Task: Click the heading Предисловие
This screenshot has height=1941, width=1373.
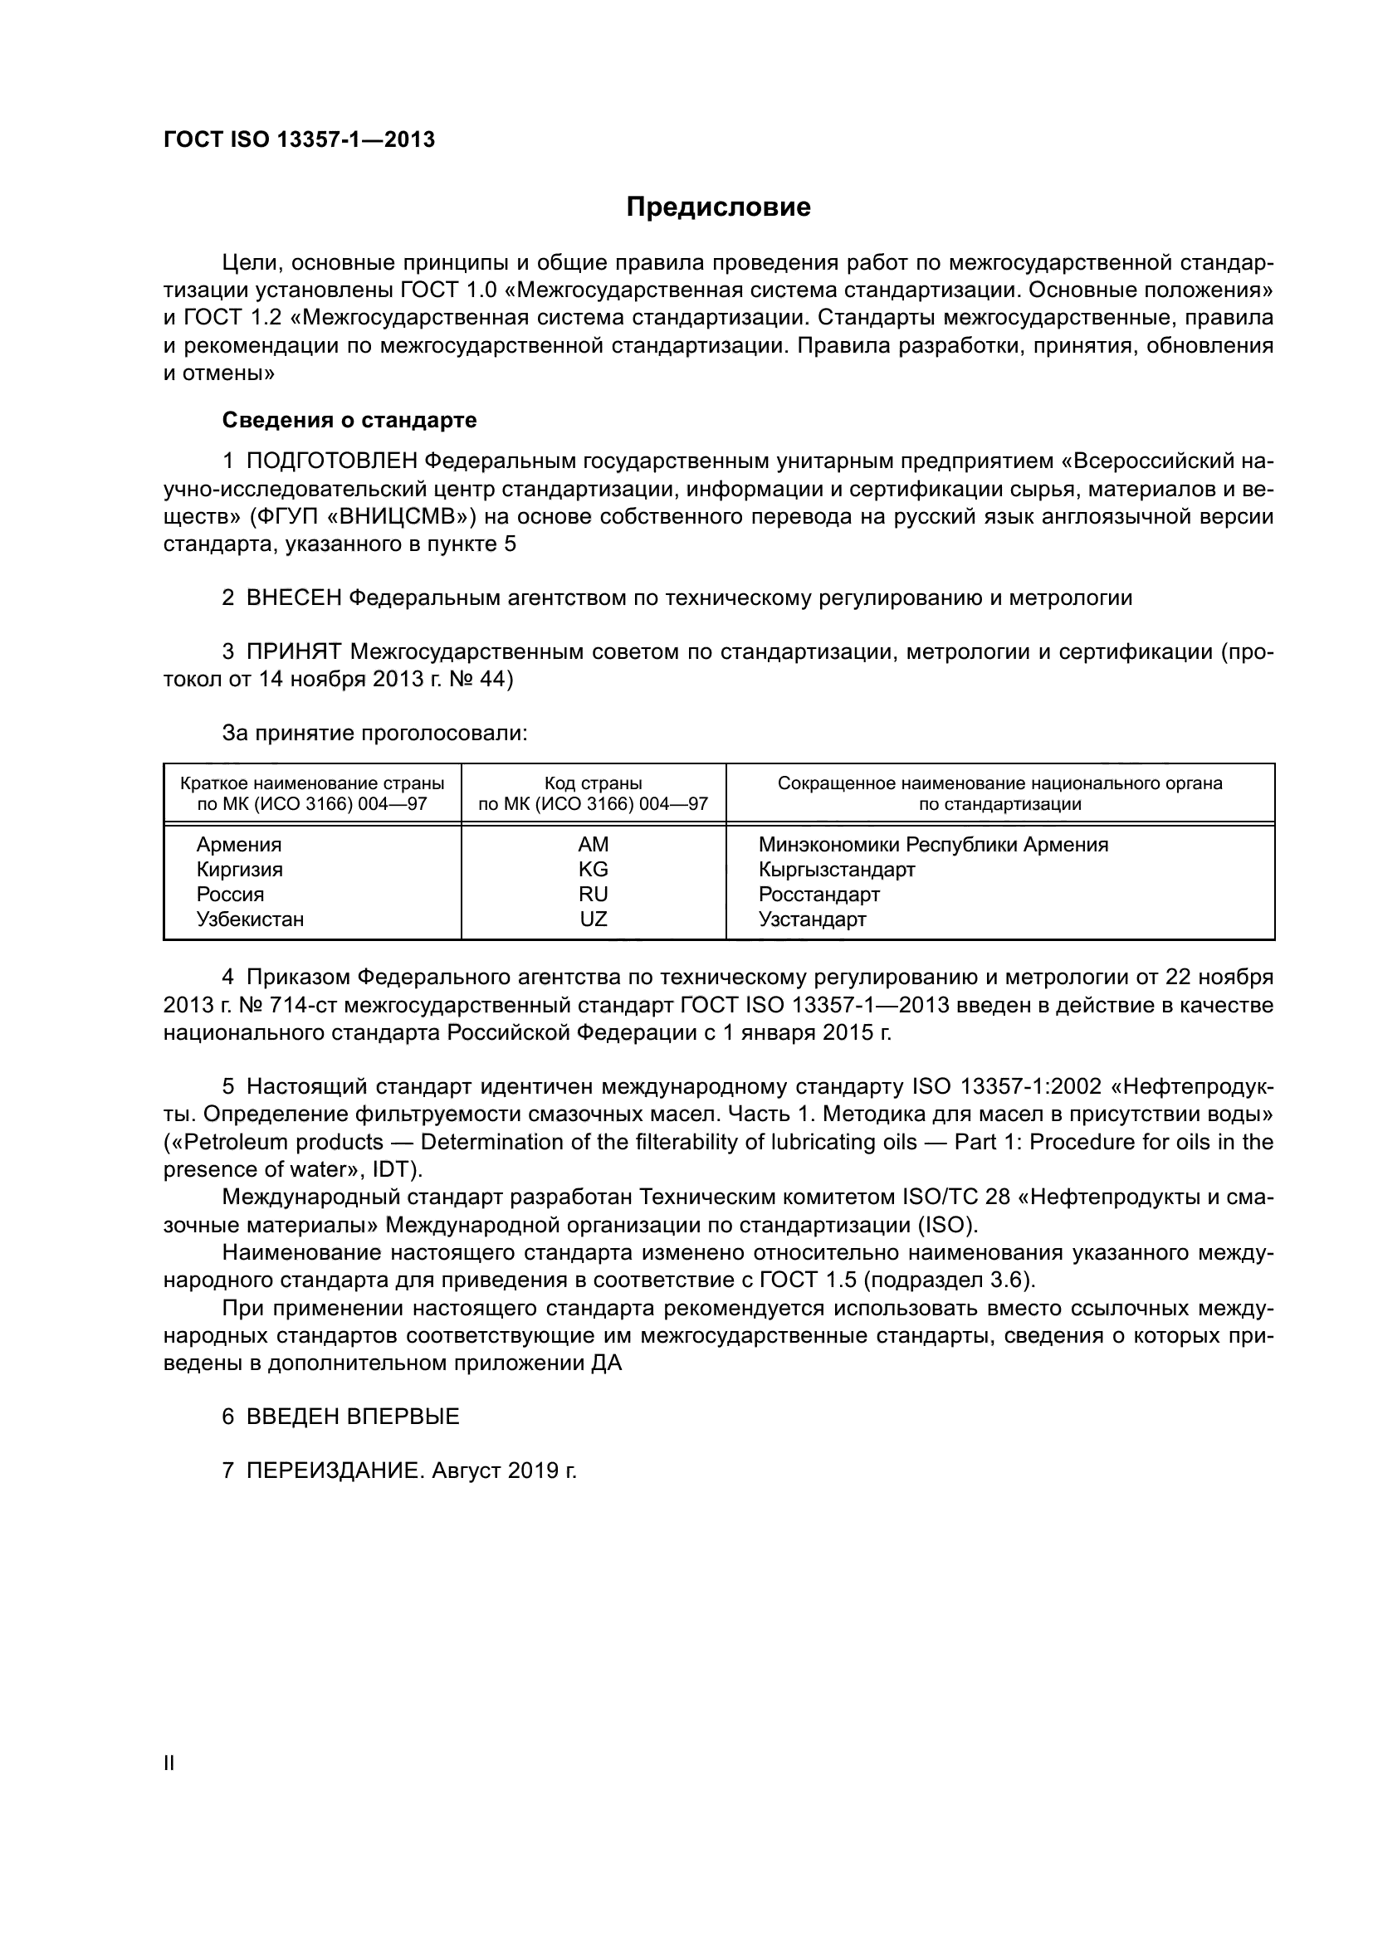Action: coord(718,207)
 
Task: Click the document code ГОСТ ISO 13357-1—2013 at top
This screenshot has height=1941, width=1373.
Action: coord(299,139)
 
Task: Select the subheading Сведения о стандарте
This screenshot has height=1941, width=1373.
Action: coord(349,420)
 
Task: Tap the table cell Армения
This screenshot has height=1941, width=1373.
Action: coord(239,845)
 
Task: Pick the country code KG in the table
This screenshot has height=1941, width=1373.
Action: coord(594,869)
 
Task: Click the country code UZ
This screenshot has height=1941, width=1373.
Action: coord(594,919)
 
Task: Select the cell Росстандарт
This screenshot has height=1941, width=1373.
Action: coord(819,895)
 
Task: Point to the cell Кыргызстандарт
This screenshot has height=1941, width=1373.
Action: coord(837,869)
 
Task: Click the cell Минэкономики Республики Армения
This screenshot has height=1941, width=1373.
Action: coord(933,845)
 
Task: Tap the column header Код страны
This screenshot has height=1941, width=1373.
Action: coord(594,783)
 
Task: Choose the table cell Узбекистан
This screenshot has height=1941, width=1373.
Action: coord(250,919)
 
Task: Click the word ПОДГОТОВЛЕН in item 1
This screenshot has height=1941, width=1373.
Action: coord(331,461)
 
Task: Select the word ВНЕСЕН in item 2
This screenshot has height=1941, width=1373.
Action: coord(294,598)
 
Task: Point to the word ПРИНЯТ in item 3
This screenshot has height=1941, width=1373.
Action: coord(294,651)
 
